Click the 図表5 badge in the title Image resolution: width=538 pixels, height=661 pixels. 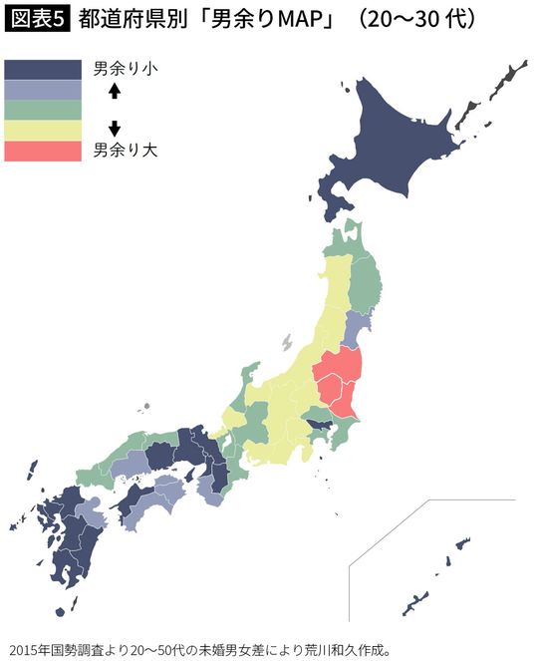pos(37,20)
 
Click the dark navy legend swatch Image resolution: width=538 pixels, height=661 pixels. pos(42,69)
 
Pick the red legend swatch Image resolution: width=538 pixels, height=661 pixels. pos(42,151)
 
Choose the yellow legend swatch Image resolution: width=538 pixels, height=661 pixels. pos(42,131)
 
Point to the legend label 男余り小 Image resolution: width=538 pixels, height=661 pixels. pos(126,69)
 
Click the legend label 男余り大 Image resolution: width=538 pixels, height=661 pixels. pos(126,151)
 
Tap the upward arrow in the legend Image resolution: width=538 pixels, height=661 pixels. pos(114,91)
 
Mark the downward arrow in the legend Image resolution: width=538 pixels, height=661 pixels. pos(114,128)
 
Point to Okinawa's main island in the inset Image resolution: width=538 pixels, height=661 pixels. pos(414,602)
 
